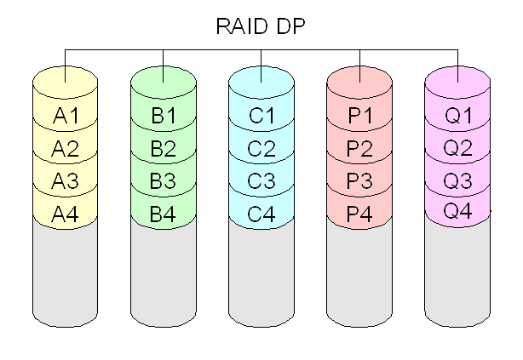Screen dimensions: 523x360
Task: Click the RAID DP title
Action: (x=261, y=26)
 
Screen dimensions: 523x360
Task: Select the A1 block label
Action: (x=66, y=116)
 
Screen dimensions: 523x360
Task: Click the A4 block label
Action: (x=65, y=214)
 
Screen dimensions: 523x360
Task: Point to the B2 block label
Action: (x=163, y=148)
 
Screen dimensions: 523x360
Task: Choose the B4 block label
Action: (x=163, y=214)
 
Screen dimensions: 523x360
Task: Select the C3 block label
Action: (x=261, y=181)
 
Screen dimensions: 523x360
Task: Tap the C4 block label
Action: (x=261, y=214)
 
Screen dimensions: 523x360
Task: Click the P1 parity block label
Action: (x=360, y=116)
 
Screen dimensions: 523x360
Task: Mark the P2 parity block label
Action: (x=359, y=148)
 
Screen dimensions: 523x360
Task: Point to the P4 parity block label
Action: (x=359, y=214)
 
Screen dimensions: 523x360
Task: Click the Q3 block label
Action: (x=457, y=181)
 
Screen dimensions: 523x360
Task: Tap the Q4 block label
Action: (x=457, y=211)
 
